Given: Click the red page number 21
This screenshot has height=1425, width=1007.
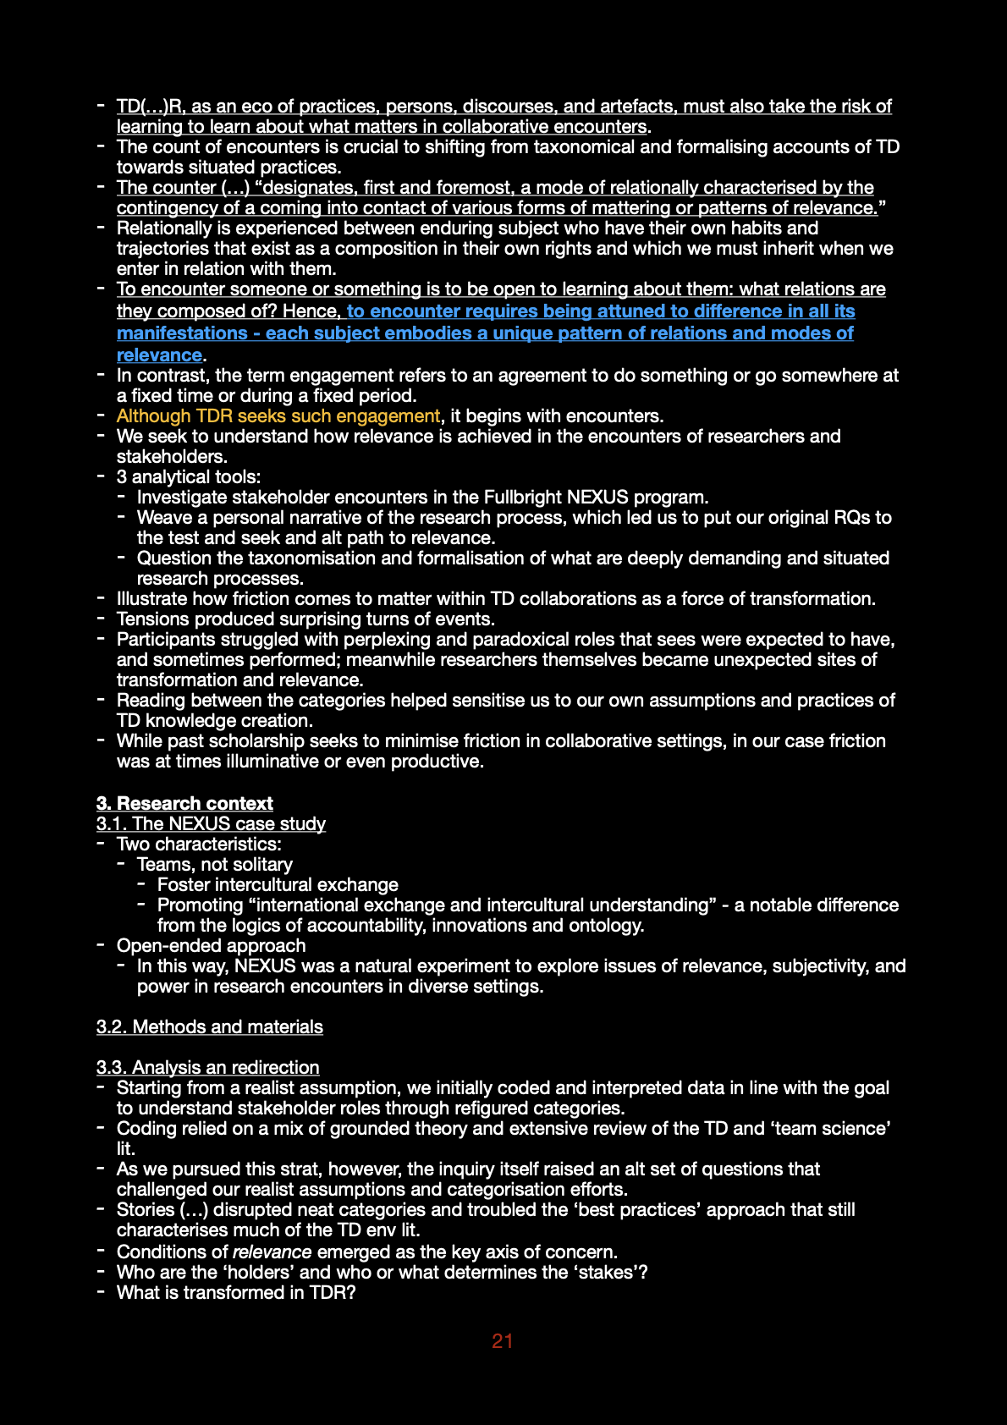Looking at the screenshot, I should tap(503, 1340).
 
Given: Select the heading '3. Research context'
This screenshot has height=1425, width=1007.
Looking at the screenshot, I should tap(184, 803).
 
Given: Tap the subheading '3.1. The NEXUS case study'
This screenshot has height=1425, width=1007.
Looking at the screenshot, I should tap(211, 823).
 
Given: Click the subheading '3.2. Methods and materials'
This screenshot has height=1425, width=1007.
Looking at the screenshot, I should tap(210, 1026).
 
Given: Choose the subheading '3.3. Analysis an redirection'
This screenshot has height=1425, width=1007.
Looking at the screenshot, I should tap(208, 1067).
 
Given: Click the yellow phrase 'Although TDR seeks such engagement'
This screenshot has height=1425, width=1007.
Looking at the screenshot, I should tap(278, 415).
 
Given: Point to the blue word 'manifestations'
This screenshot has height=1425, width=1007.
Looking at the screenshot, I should tap(182, 333).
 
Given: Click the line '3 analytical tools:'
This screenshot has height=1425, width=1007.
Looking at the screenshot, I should tap(189, 476).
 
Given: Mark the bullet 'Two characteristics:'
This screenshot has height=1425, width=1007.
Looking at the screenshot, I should tap(199, 844).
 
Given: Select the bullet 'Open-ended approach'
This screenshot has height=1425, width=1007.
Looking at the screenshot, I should tap(211, 945).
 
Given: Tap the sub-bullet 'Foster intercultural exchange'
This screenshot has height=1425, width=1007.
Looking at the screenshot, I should tap(278, 884).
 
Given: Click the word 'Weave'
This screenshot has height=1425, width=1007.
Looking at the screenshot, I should tap(164, 517).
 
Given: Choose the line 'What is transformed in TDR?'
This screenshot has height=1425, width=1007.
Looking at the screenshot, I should tap(236, 1292).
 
